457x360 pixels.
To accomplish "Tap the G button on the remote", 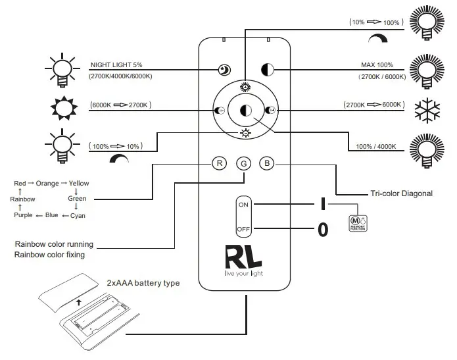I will tap(243, 163).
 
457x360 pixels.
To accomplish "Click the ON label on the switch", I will tap(243, 205).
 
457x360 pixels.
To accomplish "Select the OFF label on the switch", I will tap(243, 229).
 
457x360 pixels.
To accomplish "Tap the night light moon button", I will tap(224, 69).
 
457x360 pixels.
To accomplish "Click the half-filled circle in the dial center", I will tap(245, 111).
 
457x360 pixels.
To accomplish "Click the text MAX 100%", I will tap(376, 65).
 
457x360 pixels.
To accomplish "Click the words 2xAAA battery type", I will tap(143, 283).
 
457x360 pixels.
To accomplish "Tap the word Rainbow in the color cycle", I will tap(23, 199).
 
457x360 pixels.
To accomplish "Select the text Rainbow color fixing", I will tap(50, 255).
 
